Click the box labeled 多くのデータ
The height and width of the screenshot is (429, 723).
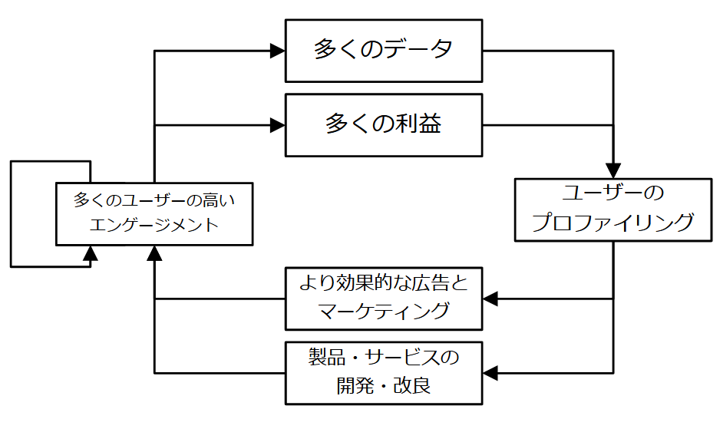pos(384,51)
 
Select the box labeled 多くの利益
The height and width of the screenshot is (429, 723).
pos(384,124)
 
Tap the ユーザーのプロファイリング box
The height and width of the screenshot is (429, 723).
pos(612,210)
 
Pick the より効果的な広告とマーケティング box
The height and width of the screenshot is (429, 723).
pos(384,298)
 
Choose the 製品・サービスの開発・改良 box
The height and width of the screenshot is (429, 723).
pos(384,373)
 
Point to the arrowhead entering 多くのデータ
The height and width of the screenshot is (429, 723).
pos(277,51)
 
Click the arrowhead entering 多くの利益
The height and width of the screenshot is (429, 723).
pos(277,125)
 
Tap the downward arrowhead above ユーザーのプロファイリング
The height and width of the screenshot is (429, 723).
pos(612,170)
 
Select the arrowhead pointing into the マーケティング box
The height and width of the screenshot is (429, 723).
pos(491,299)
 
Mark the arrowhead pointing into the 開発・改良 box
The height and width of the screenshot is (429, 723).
pos(491,373)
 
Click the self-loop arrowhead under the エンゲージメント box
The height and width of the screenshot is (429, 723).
pos(91,252)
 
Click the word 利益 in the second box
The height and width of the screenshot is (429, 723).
pos(421,124)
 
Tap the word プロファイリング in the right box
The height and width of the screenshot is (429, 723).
pos(612,223)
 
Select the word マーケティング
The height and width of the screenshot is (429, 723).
pos(384,312)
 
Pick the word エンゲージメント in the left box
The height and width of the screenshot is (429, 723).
pos(154,225)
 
